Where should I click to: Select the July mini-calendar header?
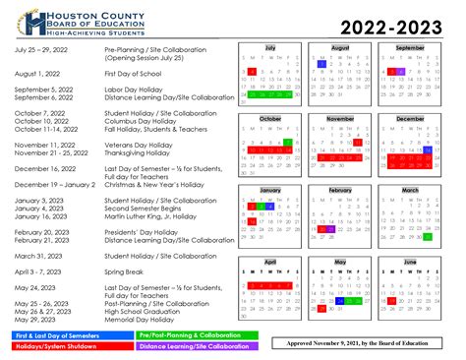coord(270,48)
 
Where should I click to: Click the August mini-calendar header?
coord(340,48)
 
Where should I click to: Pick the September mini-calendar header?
coord(410,48)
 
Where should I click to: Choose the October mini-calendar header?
coord(270,118)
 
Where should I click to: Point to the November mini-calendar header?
coord(340,118)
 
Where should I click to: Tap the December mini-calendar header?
coord(410,118)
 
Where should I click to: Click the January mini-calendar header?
coord(270,189)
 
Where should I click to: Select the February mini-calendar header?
coord(340,189)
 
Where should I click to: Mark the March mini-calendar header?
coord(410,189)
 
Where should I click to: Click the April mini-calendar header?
coord(270,263)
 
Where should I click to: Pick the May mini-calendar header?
coord(340,263)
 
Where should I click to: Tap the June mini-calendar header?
coord(410,263)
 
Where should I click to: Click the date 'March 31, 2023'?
coord(41,255)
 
